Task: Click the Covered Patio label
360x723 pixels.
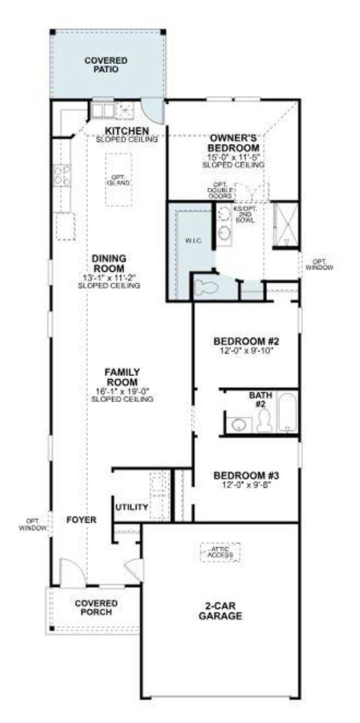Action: pos(106,64)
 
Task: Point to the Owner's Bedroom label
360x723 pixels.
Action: pos(235,143)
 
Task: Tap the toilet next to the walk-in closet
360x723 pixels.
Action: pos(204,285)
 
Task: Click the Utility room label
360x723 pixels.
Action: pos(131,507)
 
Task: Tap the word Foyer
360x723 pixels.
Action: pos(79,519)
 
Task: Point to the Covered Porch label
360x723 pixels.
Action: pos(94,606)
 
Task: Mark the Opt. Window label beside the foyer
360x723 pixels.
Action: pos(31,524)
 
